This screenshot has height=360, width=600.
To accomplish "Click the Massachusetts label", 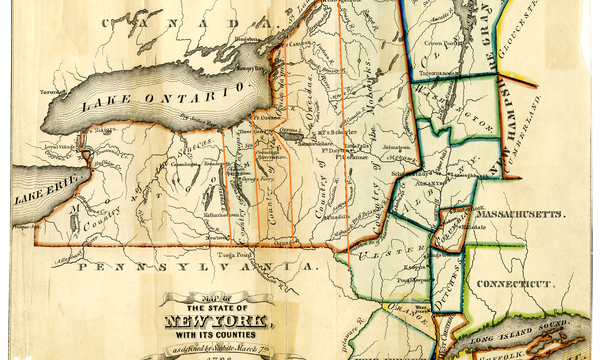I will tap(519, 214).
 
